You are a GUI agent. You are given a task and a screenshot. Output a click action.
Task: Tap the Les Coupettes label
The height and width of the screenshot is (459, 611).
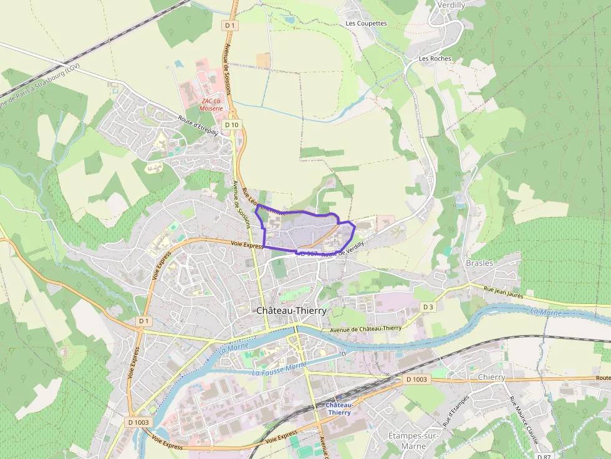tap(367, 24)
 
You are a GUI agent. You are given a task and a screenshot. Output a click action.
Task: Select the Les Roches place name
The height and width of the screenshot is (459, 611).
tap(435, 59)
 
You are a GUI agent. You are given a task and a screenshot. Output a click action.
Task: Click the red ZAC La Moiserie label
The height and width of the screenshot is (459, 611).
tap(211, 104)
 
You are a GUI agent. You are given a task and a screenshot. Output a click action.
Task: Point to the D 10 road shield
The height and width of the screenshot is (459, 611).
tap(231, 125)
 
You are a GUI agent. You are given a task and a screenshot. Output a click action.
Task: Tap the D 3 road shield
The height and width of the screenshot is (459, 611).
tap(428, 307)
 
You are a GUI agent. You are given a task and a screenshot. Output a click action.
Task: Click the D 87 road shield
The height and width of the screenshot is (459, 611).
tap(544, 457)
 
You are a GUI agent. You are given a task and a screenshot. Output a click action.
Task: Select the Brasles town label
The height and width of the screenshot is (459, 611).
tap(479, 263)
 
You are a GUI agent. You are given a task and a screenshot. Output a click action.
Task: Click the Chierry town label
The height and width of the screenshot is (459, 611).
tap(492, 377)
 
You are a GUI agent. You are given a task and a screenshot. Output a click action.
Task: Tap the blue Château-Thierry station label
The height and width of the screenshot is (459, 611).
tap(339, 409)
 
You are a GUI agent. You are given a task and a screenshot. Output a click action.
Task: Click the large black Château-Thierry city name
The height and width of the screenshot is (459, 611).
tap(292, 310)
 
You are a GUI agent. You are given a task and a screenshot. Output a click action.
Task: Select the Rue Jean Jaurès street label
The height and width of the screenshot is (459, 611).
tap(504, 291)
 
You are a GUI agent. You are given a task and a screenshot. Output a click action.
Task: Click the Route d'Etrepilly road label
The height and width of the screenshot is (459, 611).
tap(198, 126)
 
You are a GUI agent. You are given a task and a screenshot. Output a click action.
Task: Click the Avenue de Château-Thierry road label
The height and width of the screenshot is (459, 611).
tap(365, 328)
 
